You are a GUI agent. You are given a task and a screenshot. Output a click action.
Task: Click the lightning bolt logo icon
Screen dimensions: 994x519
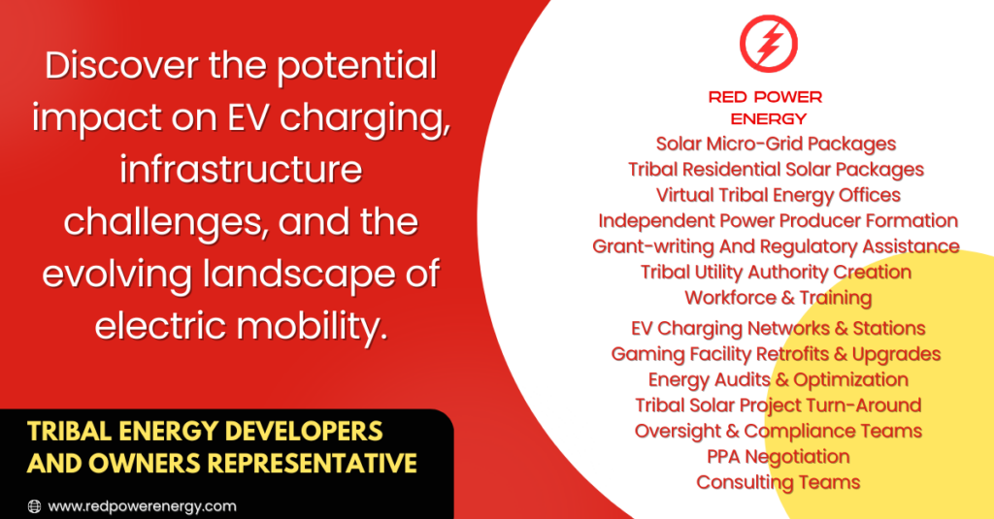tap(769, 43)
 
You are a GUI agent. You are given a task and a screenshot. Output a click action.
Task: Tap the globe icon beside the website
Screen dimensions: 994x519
tap(34, 506)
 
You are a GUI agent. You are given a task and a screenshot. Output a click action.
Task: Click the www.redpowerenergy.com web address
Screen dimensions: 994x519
tap(142, 506)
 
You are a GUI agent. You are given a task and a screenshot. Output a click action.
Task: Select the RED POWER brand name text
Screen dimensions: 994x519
tap(765, 97)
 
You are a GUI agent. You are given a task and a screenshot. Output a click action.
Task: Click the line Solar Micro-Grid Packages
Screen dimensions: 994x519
tap(776, 144)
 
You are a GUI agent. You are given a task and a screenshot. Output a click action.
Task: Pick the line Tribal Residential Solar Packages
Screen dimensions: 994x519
tap(776, 169)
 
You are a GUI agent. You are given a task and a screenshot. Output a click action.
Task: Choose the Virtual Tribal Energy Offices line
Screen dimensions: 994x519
tap(778, 195)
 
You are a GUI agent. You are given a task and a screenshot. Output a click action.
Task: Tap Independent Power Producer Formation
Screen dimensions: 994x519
tap(778, 220)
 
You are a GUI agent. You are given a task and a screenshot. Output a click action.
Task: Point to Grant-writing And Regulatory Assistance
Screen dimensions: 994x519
tap(776, 246)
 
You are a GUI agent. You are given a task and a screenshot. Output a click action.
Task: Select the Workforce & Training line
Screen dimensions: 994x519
tap(779, 298)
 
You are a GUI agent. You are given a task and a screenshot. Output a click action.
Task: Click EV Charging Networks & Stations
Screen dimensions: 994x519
tap(778, 328)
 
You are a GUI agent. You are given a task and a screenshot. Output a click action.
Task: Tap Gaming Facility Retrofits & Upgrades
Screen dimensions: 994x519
tap(776, 354)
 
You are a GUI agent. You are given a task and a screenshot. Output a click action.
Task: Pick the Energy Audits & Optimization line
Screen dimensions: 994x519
tap(778, 379)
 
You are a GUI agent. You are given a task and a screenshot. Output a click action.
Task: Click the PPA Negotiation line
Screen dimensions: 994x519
tap(778, 456)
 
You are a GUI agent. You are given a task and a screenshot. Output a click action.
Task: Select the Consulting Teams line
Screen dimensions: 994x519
tap(778, 482)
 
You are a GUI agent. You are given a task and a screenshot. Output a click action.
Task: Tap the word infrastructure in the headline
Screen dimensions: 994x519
tap(241, 170)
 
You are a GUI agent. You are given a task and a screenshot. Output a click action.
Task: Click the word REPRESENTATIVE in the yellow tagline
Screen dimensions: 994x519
tap(312, 464)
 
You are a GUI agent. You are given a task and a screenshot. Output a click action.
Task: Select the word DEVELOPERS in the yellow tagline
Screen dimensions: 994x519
tap(303, 431)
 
